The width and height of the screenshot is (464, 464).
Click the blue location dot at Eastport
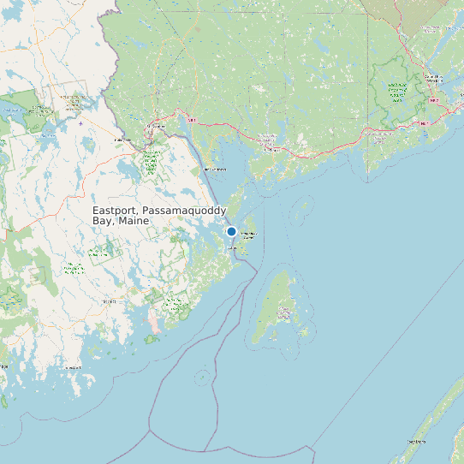(231, 232)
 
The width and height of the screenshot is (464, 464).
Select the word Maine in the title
(134, 221)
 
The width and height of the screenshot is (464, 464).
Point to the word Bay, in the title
(104, 221)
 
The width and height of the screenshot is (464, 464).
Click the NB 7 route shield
(434, 100)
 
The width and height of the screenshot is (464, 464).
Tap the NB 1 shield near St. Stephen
(192, 121)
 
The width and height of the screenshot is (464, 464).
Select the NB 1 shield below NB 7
(424, 123)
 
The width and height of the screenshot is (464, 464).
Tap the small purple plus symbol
(81, 122)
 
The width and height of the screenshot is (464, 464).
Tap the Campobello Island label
(248, 235)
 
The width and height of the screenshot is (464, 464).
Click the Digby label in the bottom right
(417, 442)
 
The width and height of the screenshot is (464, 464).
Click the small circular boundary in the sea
(202, 377)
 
